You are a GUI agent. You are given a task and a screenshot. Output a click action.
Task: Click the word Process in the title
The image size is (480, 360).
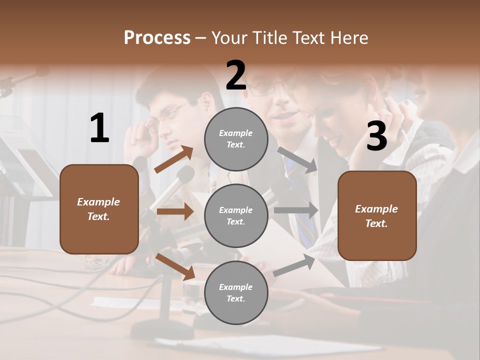pos(157,37)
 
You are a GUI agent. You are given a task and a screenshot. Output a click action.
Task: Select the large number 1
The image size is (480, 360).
pos(99,128)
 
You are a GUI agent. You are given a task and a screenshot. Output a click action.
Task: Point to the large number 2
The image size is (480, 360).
pos(236,75)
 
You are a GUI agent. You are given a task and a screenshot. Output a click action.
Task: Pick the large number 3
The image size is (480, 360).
pos(376,136)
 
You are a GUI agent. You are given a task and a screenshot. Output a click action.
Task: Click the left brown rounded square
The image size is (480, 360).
pos(99,209)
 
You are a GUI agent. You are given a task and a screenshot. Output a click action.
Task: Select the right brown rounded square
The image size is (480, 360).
pos(377,216)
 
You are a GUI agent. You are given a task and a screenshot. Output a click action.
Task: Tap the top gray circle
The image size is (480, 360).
pos(236,139)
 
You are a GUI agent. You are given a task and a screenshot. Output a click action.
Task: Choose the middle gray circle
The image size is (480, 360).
pos(236,216)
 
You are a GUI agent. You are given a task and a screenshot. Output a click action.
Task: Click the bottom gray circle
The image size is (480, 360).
pos(236,293)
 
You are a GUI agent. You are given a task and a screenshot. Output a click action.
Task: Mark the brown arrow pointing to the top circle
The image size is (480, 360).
pos(174,159)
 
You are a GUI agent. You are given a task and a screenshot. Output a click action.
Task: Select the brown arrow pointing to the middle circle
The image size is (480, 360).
pos(175,211)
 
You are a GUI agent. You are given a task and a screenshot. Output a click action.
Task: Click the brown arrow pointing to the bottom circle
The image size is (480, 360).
pos(175,266)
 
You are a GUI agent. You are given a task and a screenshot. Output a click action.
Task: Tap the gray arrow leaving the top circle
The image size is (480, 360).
pos(297,159)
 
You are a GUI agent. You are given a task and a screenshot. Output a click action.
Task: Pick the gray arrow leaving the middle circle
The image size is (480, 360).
pos(295,210)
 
